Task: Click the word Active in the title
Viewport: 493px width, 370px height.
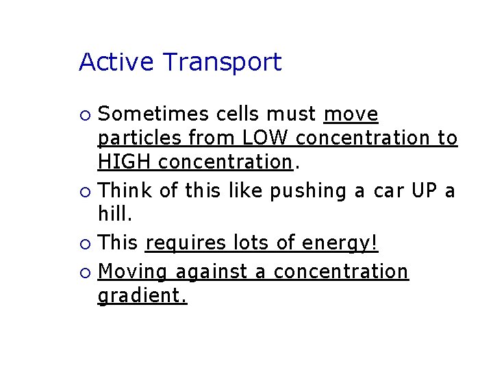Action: pos(116,62)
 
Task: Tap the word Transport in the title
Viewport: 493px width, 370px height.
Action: pos(223,63)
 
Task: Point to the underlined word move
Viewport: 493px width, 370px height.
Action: pos(351,113)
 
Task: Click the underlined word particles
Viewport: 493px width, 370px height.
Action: pos(140,139)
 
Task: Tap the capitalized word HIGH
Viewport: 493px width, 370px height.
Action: pos(125,162)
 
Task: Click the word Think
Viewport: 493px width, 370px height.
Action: pos(125,190)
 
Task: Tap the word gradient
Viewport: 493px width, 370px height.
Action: pos(142,297)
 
